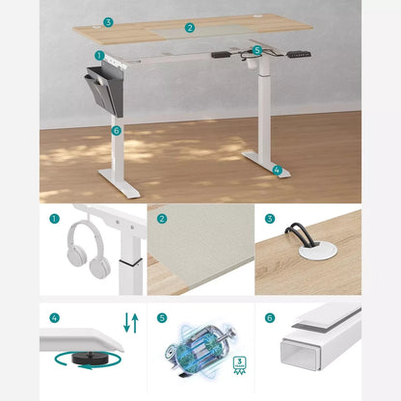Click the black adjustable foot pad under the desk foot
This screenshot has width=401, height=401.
[x=83, y=359]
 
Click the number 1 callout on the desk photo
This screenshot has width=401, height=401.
[x=99, y=55]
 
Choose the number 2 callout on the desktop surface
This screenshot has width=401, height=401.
[x=190, y=28]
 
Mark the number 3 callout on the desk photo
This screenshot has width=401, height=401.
[x=107, y=20]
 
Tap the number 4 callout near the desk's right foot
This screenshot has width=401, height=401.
[x=277, y=170]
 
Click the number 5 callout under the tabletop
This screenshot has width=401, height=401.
[x=256, y=48]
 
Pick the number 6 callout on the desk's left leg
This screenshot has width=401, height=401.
[x=116, y=129]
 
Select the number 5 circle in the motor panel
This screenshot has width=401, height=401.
[x=162, y=316]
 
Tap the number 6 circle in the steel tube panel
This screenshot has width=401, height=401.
[x=270, y=316]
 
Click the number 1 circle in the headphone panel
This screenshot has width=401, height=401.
[x=54, y=219]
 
